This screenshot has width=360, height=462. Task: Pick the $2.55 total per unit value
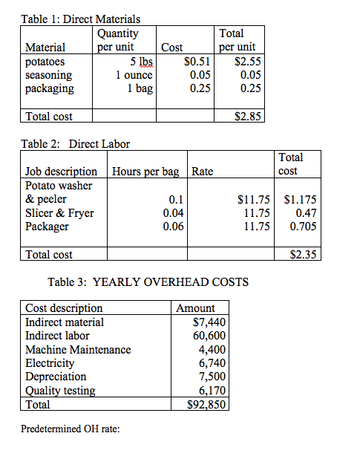click(246, 62)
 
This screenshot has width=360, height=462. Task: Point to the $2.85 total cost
click(246, 117)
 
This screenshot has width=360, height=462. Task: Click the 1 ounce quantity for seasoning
click(134, 75)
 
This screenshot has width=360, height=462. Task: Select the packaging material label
click(50, 88)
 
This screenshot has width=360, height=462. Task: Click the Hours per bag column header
click(145, 172)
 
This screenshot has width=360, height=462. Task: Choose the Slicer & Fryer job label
click(60, 212)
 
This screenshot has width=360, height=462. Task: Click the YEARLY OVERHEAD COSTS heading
click(148, 282)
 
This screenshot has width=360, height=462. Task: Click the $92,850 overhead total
click(208, 405)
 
